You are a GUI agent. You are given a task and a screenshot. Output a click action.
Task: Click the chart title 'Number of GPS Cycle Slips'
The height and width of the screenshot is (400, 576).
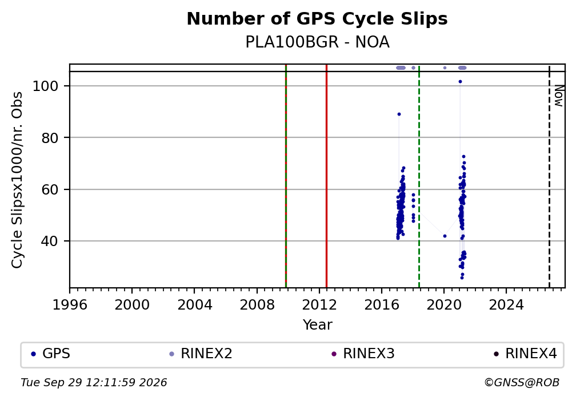tap(317, 19)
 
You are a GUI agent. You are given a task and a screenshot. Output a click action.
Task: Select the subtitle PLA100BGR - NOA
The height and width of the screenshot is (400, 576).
tap(317, 42)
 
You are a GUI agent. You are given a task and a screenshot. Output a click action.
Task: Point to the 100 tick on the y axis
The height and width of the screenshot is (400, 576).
tap(46, 86)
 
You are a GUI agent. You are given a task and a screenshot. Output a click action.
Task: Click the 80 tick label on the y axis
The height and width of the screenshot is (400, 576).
tap(50, 138)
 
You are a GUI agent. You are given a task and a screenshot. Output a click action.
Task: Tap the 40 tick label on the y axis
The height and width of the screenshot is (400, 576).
tap(50, 241)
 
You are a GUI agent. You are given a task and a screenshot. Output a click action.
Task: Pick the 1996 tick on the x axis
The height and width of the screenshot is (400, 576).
tap(70, 305)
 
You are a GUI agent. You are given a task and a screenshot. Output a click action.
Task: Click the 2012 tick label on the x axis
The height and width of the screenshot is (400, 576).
tap(319, 305)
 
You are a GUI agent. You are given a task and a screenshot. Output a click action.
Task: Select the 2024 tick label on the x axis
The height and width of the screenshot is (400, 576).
tap(506, 305)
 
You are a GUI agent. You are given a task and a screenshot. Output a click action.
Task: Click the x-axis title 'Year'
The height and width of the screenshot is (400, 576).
tap(317, 325)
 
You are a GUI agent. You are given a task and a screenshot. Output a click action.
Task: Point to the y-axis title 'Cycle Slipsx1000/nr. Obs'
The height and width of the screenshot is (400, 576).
tap(17, 180)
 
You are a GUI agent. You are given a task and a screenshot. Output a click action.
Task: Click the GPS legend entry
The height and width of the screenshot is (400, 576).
tap(51, 354)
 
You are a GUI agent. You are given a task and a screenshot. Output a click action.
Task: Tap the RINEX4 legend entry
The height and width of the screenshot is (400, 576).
tap(526, 354)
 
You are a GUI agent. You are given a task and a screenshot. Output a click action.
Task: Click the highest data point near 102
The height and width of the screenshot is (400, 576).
tap(461, 82)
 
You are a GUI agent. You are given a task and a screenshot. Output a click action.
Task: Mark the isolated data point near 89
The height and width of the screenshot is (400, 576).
tap(399, 114)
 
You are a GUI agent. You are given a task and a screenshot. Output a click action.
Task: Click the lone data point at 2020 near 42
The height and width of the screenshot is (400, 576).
tap(445, 236)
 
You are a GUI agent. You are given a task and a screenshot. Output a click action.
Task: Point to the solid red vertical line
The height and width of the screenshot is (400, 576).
tap(327, 176)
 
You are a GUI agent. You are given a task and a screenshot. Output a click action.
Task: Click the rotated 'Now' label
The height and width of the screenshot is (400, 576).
tap(559, 96)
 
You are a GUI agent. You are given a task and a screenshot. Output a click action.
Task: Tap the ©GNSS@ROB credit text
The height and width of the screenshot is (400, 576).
tap(522, 383)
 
